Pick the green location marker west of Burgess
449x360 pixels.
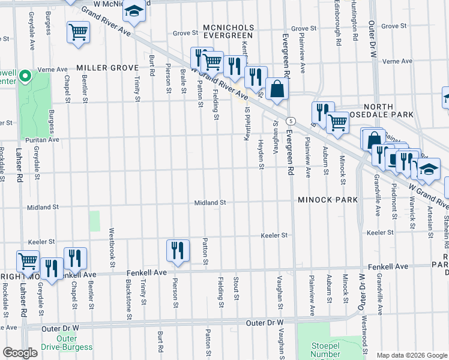pos(25,76)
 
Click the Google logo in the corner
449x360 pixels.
pos(20,353)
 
